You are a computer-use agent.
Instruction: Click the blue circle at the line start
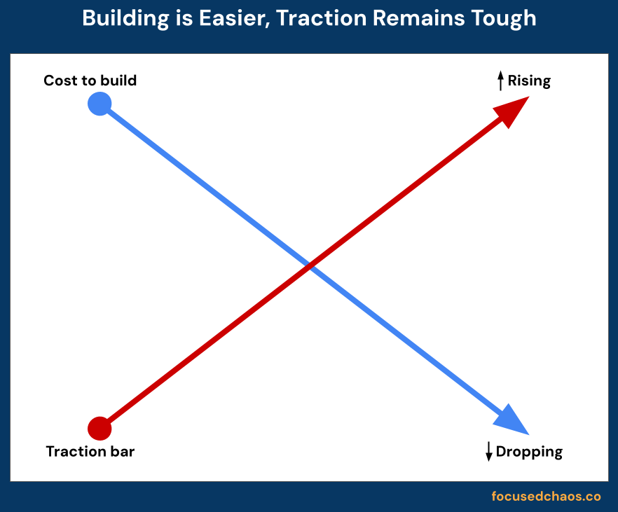pos(99,104)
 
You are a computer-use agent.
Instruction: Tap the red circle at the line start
pos(99,427)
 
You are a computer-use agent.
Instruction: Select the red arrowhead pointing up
pos(513,110)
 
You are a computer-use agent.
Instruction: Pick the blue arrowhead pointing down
pos(512,421)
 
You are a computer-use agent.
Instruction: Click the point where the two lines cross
pos(309,266)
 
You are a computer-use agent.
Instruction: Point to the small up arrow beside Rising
pos(500,81)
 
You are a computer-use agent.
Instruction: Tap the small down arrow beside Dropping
pos(489,452)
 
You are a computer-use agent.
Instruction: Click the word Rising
pos(529,81)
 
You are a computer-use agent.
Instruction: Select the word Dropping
pos(529,452)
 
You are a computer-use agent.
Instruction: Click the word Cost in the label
pos(59,81)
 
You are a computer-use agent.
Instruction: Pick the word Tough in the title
pos(505,18)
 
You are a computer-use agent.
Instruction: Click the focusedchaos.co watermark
pos(546,497)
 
